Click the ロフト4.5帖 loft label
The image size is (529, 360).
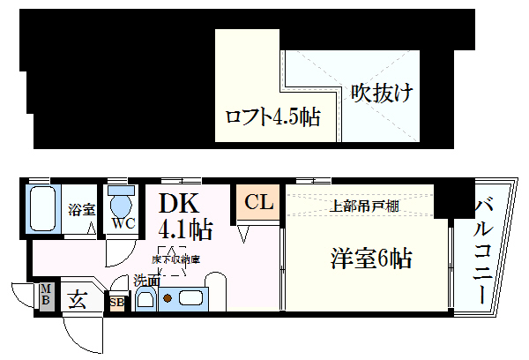click(272, 116)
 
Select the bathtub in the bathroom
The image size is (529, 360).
click(41, 208)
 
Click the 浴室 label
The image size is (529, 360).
click(81, 209)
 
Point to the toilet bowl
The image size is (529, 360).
click(120, 204)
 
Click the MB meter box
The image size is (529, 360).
click(46, 296)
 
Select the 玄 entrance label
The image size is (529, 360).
click(78, 300)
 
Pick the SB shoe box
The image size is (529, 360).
click(116, 302)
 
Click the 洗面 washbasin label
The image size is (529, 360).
click(146, 281)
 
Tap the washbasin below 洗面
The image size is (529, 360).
click(146, 300)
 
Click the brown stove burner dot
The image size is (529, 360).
click(167, 298)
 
